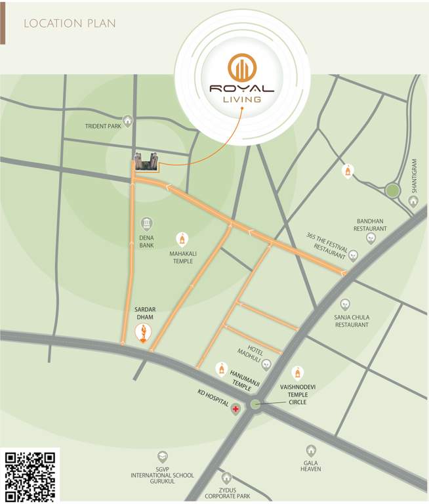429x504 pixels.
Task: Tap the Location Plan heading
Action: [x=70, y=24]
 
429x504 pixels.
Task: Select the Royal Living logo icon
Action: [x=241, y=68]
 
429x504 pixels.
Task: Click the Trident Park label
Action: [x=104, y=126]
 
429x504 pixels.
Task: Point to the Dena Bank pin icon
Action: [x=146, y=224]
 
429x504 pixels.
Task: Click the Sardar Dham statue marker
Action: [x=143, y=333]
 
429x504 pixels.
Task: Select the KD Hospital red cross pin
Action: [x=235, y=408]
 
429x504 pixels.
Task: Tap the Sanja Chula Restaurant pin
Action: [x=346, y=304]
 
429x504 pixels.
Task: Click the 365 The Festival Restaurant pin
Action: [x=353, y=255]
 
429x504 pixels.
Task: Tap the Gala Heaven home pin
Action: [x=310, y=451]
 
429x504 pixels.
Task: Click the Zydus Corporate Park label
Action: [x=227, y=493]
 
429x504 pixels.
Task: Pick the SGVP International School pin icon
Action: [x=162, y=457]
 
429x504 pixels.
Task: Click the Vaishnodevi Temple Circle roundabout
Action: [x=256, y=405]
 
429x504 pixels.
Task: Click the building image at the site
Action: [x=146, y=161]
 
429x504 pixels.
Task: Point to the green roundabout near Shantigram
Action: [x=392, y=190]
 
